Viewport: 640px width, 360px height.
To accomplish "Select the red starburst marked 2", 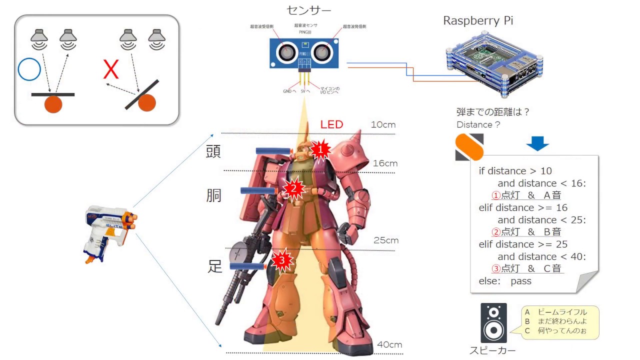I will click(x=293, y=188).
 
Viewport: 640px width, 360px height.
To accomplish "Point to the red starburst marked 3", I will click(x=282, y=260).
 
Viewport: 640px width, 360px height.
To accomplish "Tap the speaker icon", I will click(x=493, y=322).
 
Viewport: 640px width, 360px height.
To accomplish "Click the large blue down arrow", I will click(x=537, y=143).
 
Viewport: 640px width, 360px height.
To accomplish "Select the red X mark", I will click(x=111, y=70).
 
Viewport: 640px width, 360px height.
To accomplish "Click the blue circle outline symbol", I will click(x=29, y=70).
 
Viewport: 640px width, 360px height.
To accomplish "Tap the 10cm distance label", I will click(x=383, y=124).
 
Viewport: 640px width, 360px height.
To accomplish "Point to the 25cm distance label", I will click(x=386, y=240).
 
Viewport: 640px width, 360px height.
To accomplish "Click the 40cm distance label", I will click(x=389, y=344).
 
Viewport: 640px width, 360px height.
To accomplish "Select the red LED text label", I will click(x=331, y=124).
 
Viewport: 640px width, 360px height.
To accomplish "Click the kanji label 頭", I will click(x=213, y=151).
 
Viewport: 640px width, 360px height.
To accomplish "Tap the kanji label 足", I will click(x=215, y=266).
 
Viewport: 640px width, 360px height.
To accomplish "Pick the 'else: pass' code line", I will click(x=505, y=281).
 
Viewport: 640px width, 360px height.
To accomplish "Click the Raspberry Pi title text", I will click(x=478, y=21).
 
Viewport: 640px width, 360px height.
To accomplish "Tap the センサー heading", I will click(x=309, y=10).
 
